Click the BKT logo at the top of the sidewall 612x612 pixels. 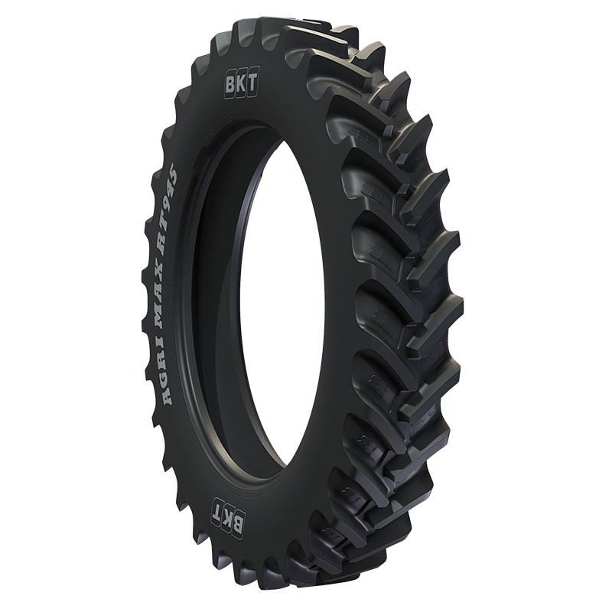click(242, 83)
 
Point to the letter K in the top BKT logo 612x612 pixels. click(241, 83)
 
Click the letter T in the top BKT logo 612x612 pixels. click(252, 82)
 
